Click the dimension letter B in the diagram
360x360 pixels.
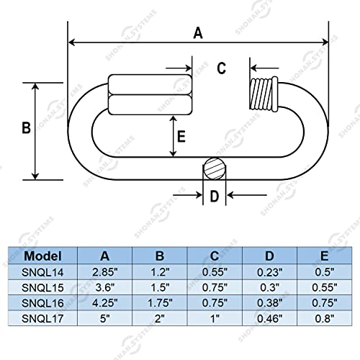(x=25, y=128)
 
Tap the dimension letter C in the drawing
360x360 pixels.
(x=222, y=68)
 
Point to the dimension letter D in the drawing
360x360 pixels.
(x=213, y=197)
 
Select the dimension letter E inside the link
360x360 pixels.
(x=181, y=136)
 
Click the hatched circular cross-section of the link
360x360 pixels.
(x=213, y=170)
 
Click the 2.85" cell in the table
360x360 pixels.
(x=106, y=271)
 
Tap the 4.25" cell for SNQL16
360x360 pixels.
(x=106, y=302)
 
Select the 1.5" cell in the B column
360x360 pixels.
(x=160, y=287)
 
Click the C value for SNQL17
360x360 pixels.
(x=215, y=317)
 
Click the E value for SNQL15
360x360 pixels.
(x=325, y=287)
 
